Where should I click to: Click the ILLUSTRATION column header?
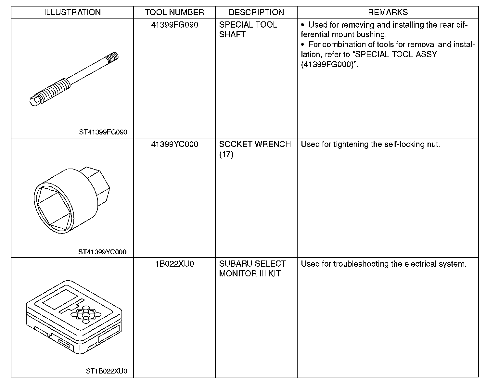[72, 12]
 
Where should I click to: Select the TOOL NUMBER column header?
[174, 12]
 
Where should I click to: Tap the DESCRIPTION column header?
[256, 12]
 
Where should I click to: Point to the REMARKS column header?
[388, 12]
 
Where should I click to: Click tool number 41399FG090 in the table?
[174, 25]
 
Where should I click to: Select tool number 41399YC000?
[174, 144]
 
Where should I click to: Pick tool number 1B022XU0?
[174, 264]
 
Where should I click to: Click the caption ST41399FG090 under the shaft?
[103, 132]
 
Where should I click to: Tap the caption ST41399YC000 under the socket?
[102, 252]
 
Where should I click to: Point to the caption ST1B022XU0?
[107, 371]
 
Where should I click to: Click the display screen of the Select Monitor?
[60, 299]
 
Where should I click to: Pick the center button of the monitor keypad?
[86, 314]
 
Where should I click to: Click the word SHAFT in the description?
[232, 35]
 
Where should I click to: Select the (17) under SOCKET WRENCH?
[226, 154]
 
